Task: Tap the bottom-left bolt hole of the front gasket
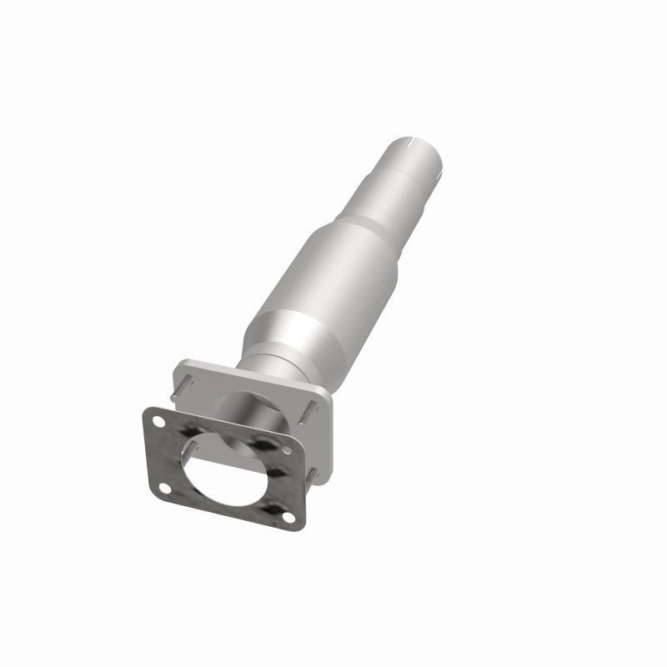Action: [163, 487]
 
